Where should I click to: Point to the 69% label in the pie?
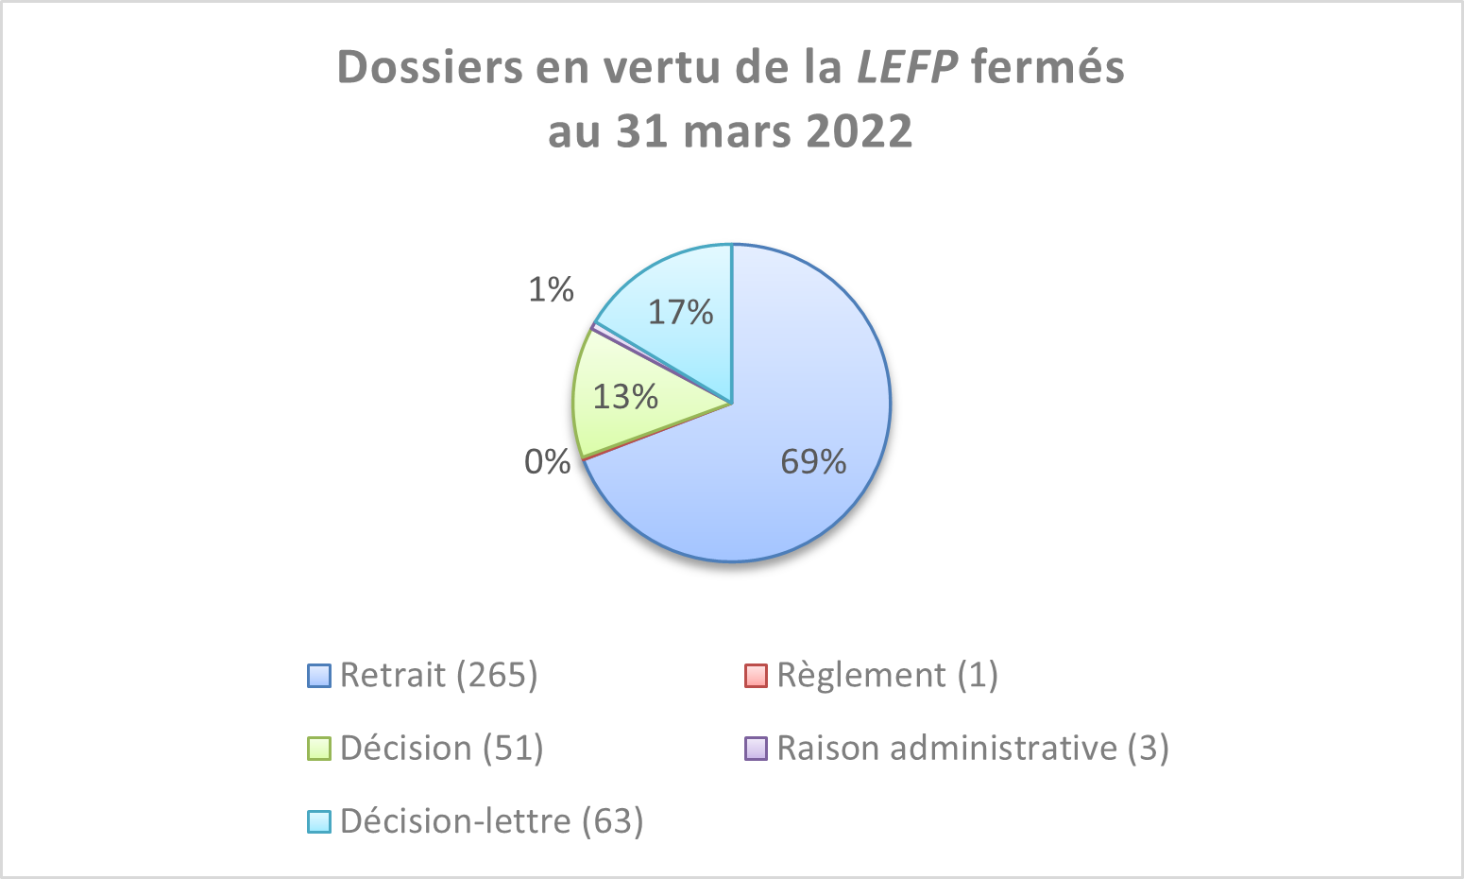[x=813, y=461]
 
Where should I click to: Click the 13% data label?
[x=625, y=396]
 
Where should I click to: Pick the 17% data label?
[x=681, y=312]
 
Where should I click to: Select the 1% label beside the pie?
[x=551, y=290]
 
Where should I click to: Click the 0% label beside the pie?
[x=548, y=462]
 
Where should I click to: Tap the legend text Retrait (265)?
[x=438, y=675]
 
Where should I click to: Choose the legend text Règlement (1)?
[x=887, y=675]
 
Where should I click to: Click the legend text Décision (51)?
[x=441, y=748]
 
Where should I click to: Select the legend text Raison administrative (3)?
[x=973, y=748]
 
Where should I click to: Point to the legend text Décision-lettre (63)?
[x=491, y=820]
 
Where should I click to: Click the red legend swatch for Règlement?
[x=756, y=676]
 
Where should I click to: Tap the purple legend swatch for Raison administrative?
[x=756, y=749]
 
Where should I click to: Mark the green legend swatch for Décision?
[x=319, y=749]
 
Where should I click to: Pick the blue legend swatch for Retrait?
[x=319, y=676]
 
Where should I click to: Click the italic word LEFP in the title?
[x=908, y=67]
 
